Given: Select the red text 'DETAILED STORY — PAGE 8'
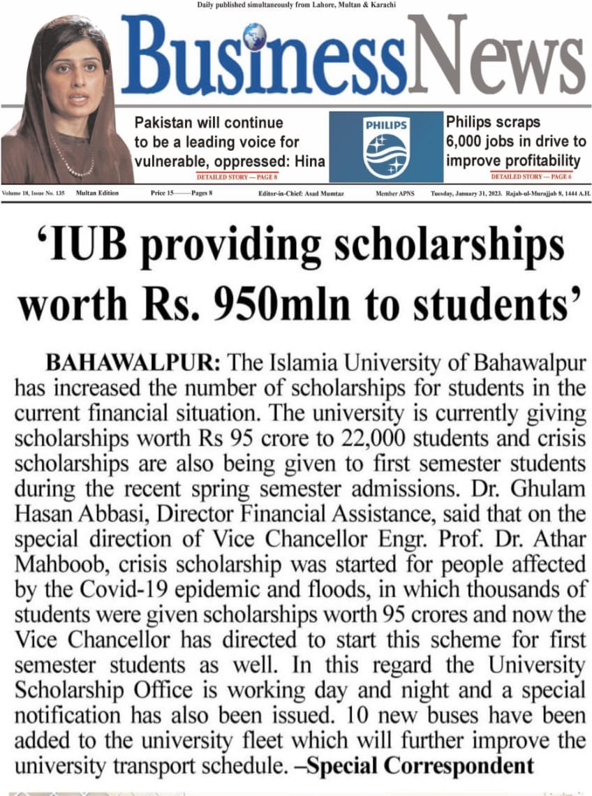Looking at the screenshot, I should (237, 178).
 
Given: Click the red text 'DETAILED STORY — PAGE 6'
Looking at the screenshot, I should (531, 178).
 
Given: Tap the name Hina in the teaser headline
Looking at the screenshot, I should (309, 161).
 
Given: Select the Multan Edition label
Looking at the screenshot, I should (97, 193).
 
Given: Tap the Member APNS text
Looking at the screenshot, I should (392, 193).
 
